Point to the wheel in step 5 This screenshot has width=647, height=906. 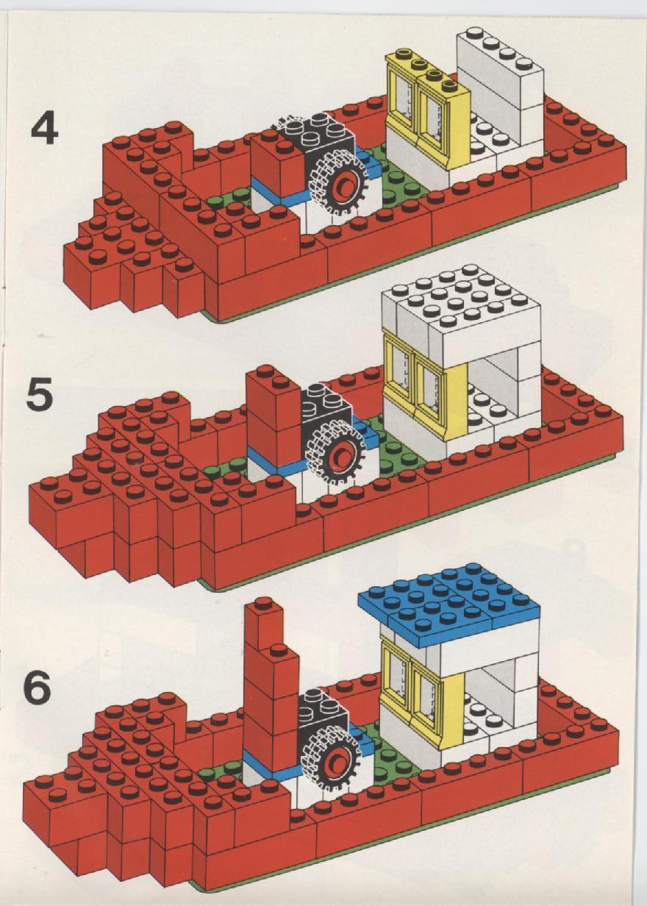(x=335, y=454)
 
